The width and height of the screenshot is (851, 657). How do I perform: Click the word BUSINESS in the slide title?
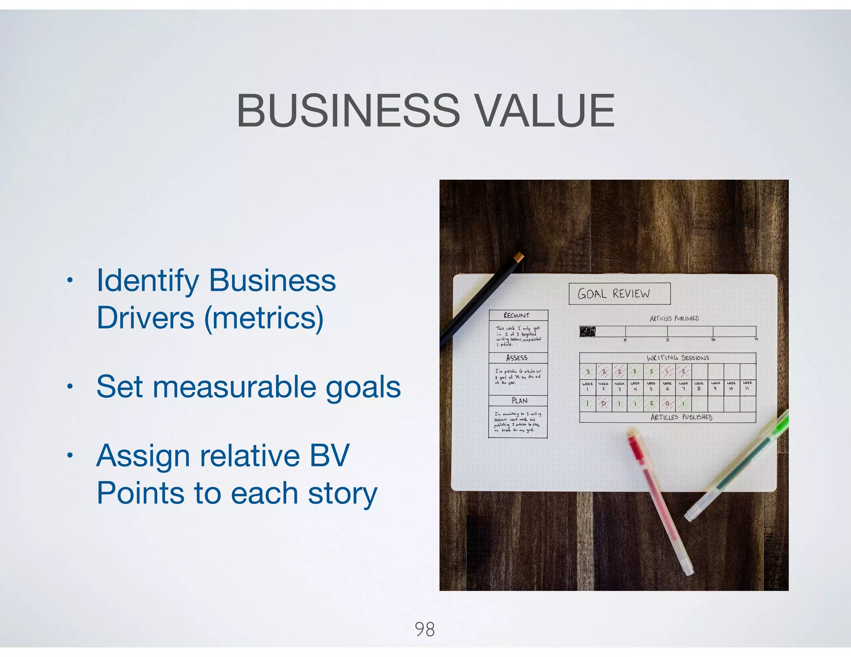click(348, 110)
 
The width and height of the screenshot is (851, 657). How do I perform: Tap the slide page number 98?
click(425, 629)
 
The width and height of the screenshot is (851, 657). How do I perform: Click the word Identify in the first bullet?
click(148, 281)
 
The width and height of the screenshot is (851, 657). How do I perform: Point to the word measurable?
click(234, 387)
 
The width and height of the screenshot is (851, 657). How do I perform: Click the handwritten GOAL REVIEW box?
click(619, 294)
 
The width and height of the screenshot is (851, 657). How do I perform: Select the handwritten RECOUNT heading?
click(517, 315)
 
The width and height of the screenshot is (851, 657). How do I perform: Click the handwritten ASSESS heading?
click(517, 358)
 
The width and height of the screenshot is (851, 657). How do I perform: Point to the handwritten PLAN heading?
click(519, 401)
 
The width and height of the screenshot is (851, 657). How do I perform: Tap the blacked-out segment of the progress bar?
click(588, 331)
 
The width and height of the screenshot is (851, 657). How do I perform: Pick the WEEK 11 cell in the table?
click(747, 386)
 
